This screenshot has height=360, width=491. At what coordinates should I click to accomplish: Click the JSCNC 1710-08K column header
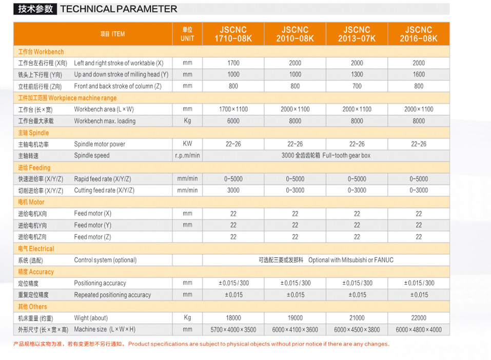233,34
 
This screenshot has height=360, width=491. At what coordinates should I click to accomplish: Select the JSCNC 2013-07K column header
357,34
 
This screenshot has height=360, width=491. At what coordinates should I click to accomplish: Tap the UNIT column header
187,34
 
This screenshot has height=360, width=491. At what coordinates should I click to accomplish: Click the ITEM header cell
112,34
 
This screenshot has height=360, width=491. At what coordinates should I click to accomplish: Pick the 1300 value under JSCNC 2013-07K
357,74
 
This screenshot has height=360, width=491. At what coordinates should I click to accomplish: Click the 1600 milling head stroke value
419,74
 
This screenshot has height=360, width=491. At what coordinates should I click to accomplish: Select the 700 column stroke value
357,86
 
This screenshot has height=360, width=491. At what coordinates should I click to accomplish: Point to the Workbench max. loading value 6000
233,121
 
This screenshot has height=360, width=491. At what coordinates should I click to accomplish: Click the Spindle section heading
34,133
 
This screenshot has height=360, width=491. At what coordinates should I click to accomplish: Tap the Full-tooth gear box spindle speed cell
326,155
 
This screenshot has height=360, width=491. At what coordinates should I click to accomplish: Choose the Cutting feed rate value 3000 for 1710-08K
233,190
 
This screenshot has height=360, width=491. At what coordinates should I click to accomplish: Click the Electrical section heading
36,249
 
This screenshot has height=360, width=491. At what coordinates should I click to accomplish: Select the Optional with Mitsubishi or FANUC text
351,260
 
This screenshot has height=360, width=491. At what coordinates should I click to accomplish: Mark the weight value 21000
357,318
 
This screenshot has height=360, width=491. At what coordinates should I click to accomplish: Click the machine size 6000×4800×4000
419,330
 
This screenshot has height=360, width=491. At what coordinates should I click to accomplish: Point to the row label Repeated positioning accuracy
112,295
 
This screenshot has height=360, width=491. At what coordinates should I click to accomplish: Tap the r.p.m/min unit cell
187,155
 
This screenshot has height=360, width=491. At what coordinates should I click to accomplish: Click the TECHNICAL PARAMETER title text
119,9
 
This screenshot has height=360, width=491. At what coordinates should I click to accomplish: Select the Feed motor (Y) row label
92,225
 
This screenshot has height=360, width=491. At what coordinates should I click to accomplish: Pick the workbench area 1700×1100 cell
233,109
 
